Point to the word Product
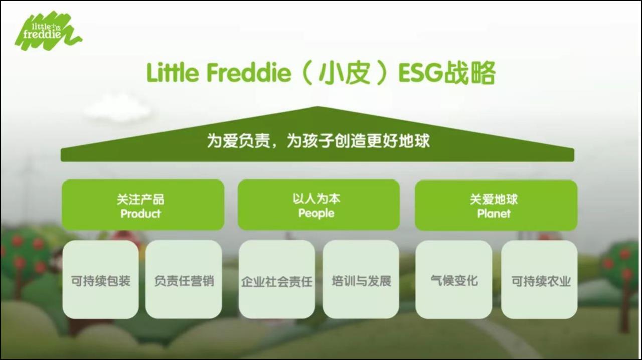coord(141,214)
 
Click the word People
coord(316,213)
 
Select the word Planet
coord(494,214)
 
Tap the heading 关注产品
coord(141,199)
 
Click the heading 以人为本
coord(316,199)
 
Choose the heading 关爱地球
coord(494,199)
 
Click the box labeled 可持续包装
coord(100,280)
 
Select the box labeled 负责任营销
coord(184,280)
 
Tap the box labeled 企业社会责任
coord(276,280)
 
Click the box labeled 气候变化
coord(454,280)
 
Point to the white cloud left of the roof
coord(117,108)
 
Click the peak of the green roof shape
coord(317,108)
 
